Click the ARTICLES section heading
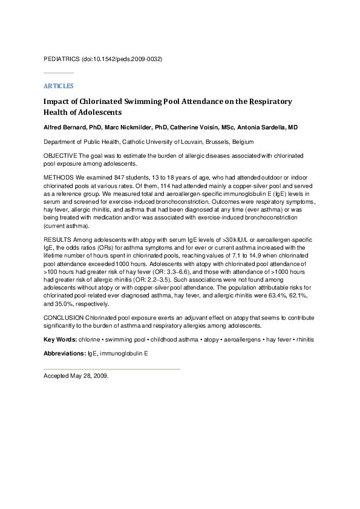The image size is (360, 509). coord(58,86)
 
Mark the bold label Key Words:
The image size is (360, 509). coord(60,339)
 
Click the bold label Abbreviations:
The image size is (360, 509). coord(65,353)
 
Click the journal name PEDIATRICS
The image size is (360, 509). coord(62,60)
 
